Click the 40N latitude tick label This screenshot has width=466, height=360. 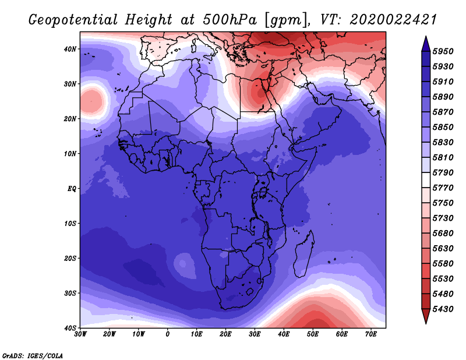tap(70, 49)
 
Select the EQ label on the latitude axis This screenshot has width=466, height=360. tap(72, 189)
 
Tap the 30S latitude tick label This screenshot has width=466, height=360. tap(70, 294)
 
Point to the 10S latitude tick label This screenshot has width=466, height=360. tap(70, 224)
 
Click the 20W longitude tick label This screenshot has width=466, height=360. tap(109, 334)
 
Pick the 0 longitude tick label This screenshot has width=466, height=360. tap(168, 334)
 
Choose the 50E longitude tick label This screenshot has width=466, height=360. tap(313, 334)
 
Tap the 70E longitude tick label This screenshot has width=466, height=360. tap(371, 334)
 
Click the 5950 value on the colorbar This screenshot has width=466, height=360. tap(443, 51)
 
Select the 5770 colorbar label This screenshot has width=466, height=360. tap(443, 188)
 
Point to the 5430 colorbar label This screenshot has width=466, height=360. tap(443, 309)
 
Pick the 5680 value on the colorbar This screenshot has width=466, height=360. tap(443, 234)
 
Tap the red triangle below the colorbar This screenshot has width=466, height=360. tap(426, 315)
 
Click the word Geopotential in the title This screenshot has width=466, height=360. tap(73, 20)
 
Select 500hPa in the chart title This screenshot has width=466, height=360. tap(230, 20)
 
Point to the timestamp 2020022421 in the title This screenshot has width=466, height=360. tap(393, 20)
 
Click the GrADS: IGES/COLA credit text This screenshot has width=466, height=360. tap(33, 356)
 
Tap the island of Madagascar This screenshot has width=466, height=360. tap(303, 254)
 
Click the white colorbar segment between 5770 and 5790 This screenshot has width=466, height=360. tap(426, 180)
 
